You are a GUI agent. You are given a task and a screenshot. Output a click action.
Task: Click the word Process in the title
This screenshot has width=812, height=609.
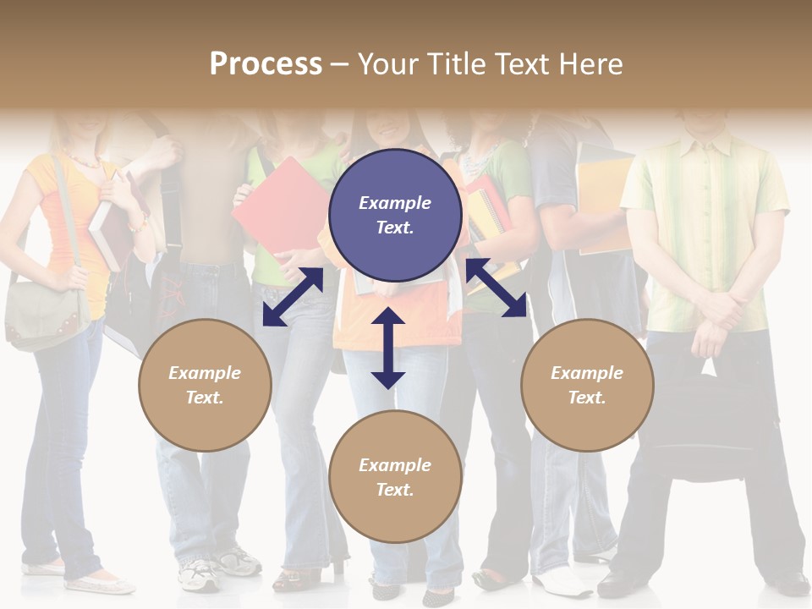pos(266,64)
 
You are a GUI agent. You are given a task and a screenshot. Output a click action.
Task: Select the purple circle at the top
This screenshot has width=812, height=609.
pos(395,216)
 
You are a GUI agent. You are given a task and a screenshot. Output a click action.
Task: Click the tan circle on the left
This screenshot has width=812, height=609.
pos(205,385)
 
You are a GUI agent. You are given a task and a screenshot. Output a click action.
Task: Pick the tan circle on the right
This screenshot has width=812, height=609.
pos(587,385)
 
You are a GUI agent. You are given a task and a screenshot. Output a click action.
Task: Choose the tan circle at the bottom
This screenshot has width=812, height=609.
pos(395,477)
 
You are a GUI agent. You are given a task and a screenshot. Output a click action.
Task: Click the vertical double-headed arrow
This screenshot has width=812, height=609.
pos(388,348)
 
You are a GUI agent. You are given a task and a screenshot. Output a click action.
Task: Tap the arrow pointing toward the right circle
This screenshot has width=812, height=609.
pos(497,288)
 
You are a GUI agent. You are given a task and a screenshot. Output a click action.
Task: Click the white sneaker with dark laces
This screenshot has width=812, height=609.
pos(200,575)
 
